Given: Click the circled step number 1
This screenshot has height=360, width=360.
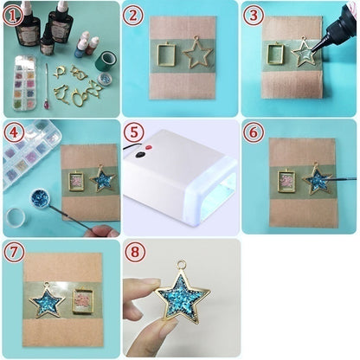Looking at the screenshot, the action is pos(13,16).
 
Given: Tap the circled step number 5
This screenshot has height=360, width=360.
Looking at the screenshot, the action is pos(134,134).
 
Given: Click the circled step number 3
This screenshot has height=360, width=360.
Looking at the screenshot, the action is pos(253,16).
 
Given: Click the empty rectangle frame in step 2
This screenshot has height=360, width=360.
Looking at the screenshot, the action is pos(168,55).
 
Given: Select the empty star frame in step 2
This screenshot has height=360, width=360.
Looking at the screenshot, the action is pos(197,53).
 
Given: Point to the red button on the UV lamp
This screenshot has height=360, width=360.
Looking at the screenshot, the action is pos(149,148).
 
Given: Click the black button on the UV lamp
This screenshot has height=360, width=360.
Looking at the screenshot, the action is pos(139,155).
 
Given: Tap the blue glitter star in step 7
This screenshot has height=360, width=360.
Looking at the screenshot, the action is pos(47,301).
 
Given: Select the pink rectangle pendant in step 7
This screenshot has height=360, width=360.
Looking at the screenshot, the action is pos(83,300).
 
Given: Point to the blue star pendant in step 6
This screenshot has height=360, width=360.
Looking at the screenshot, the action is pos(317,180).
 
